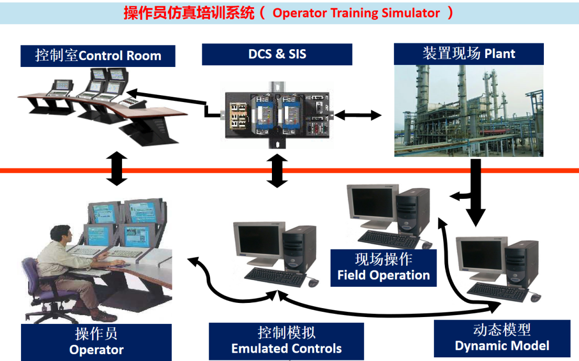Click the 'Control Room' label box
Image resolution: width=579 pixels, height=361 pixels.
point(97,55)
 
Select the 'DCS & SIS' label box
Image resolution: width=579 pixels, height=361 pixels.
point(277,54)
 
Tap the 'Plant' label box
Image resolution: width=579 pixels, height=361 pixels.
point(468,53)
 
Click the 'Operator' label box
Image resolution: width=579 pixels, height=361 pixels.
point(97,342)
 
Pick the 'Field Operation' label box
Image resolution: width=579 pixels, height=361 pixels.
point(383,267)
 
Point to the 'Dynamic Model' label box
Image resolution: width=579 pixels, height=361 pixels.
point(501,338)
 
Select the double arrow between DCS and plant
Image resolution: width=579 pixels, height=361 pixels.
point(358,115)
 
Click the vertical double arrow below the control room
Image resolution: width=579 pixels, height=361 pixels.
point(116,168)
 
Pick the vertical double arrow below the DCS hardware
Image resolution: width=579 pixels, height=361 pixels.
point(277,171)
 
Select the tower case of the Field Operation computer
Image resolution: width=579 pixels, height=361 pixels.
point(412,212)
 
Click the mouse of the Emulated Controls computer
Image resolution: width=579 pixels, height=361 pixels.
point(313,283)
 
